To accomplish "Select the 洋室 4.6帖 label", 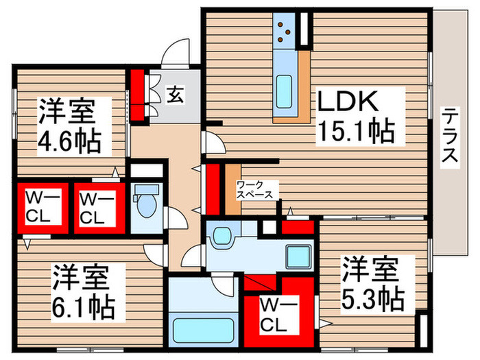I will (x=69, y=126).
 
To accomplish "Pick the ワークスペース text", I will (x=254, y=190).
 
